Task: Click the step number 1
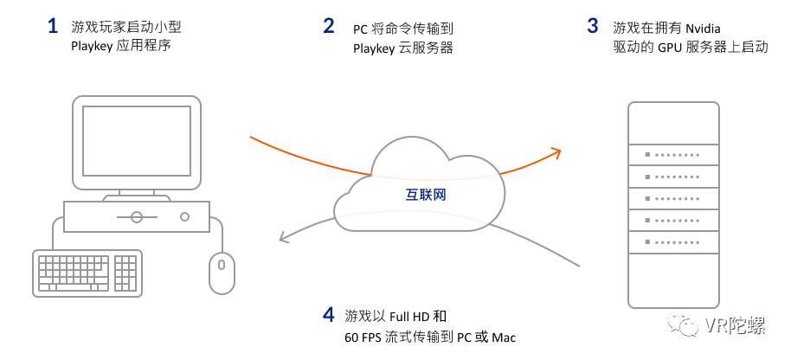pos(53,26)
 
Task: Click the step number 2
pos(329,26)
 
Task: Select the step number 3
pos(592,26)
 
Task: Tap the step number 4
pos(328,314)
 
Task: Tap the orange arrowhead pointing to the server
pos(555,153)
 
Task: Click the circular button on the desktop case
pos(136,216)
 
